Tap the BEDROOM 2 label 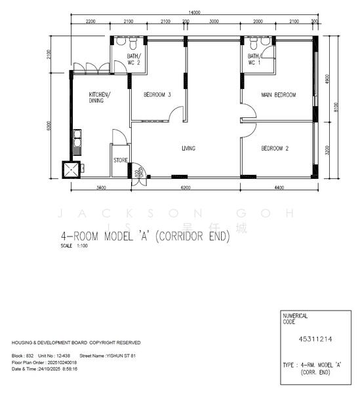[275, 149]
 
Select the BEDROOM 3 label [157, 95]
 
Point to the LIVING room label [188, 149]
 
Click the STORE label [120, 159]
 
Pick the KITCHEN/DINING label [100, 98]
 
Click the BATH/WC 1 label [254, 60]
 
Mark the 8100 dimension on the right [336, 107]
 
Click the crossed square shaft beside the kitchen [71, 170]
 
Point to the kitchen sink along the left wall [77, 138]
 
